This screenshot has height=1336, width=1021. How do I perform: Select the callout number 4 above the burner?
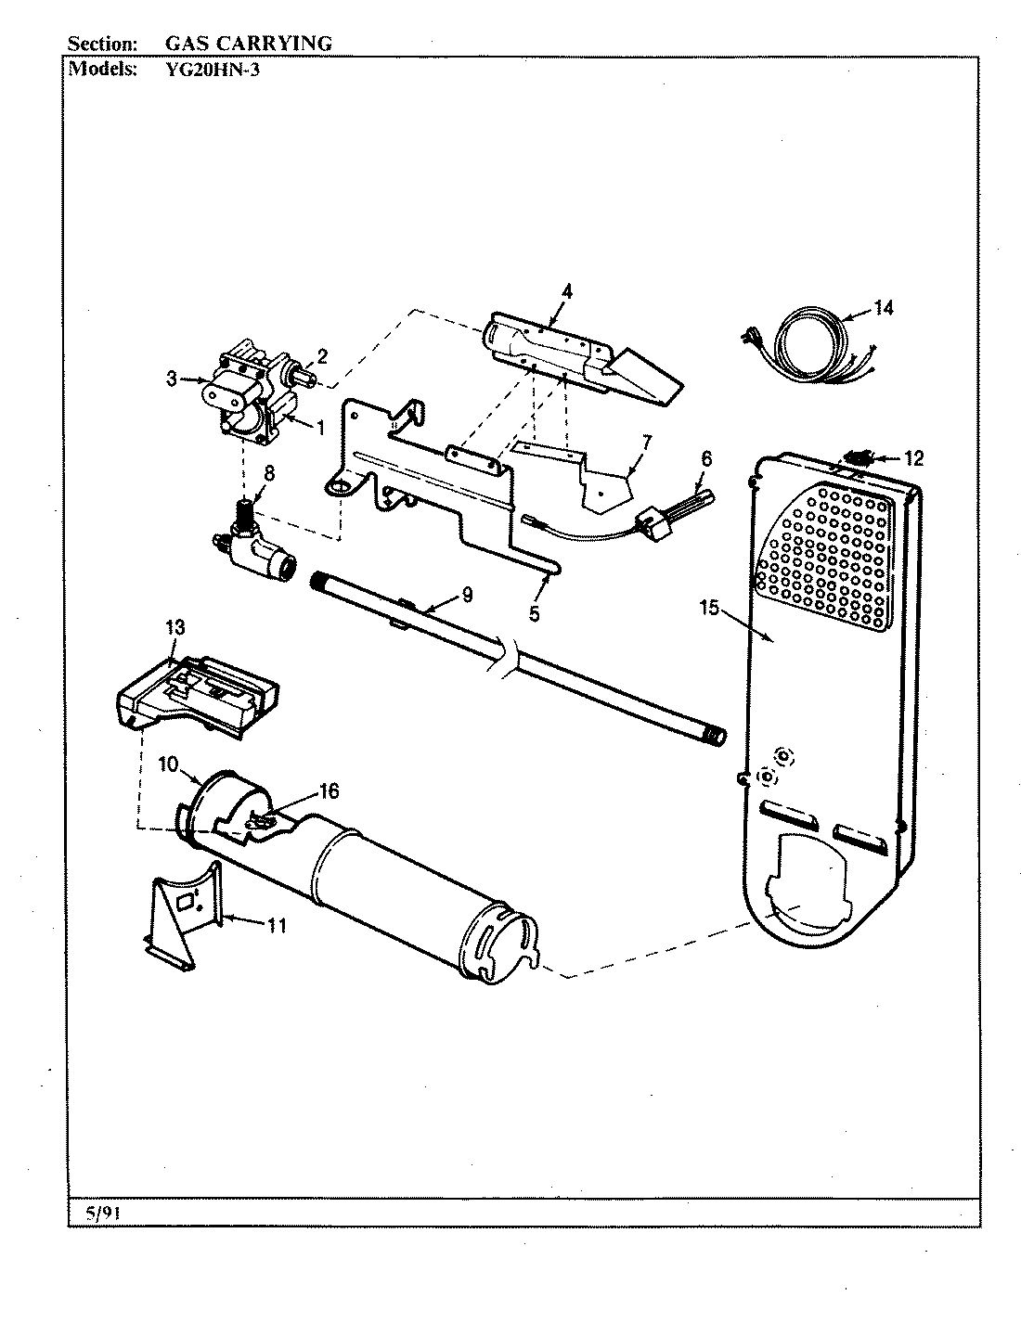(x=566, y=291)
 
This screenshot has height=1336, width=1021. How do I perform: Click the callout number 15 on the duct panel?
(x=709, y=608)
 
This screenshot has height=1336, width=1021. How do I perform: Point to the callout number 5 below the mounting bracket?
(x=534, y=613)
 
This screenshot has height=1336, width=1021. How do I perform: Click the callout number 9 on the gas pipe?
(x=466, y=595)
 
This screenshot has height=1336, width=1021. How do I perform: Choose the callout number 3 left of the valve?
(x=172, y=379)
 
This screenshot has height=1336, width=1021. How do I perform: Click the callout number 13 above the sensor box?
(x=175, y=629)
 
